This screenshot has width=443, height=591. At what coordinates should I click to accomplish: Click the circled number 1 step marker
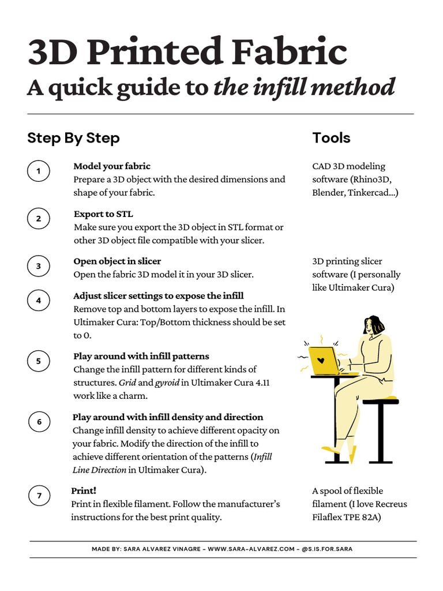[39, 171]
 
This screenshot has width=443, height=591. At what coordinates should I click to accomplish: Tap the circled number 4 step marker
[39, 301]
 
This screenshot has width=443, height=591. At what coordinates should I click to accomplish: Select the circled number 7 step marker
[39, 496]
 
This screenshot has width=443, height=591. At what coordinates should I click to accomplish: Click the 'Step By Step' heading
[73, 138]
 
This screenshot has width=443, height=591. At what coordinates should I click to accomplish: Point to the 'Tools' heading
[331, 138]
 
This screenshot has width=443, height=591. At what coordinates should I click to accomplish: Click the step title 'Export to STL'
[103, 214]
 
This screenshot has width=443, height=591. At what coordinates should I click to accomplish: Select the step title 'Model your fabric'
[112, 166]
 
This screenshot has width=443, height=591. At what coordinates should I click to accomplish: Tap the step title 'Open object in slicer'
[117, 261]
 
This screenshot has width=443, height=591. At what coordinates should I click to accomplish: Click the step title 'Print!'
[84, 491]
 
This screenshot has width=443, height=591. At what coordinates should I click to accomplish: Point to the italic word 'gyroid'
[167, 383]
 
